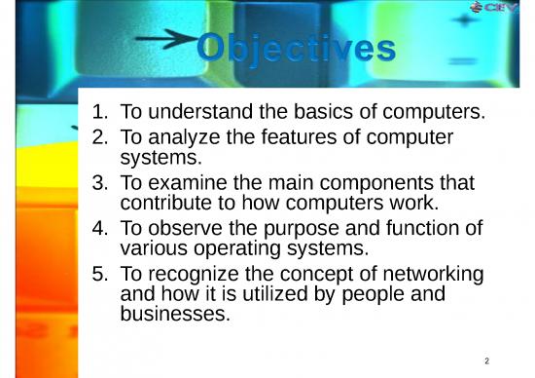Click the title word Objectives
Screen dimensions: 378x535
tap(297, 49)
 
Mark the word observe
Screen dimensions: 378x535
tap(185, 229)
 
